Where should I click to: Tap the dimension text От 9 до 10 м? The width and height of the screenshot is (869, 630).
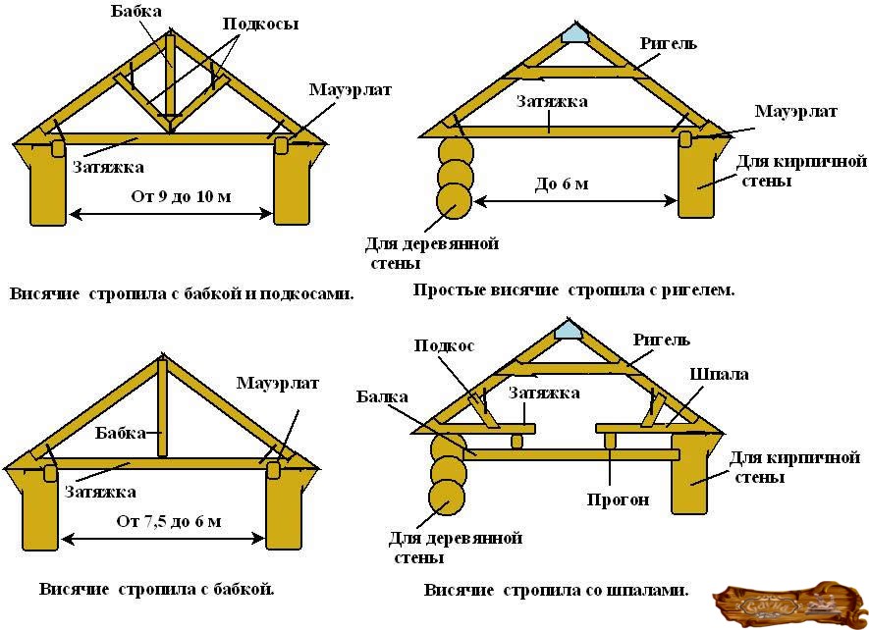tap(181, 196)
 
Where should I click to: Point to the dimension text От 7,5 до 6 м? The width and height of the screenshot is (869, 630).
tap(169, 521)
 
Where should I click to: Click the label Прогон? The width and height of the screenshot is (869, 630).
tap(619, 499)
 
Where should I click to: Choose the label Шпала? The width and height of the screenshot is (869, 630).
tap(719, 375)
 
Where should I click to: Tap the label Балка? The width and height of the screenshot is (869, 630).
tap(383, 396)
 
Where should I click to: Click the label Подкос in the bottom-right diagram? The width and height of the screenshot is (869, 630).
tap(444, 345)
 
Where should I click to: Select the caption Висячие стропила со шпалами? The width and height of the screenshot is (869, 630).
tap(556, 591)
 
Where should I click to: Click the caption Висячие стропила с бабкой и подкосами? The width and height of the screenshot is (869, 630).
tap(182, 293)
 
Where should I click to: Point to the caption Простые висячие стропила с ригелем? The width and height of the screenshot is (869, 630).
tap(574, 290)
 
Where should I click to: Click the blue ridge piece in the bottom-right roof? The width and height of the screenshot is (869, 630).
tap(569, 331)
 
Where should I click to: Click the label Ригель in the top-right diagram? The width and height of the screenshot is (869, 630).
tap(668, 44)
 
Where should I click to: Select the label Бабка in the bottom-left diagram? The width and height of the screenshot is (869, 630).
tap(120, 432)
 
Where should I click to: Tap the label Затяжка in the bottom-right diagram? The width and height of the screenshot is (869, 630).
tap(544, 393)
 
